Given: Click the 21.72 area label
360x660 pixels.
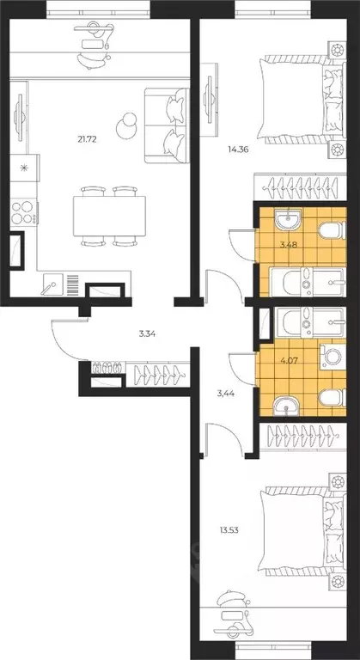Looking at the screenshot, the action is tap(87, 139).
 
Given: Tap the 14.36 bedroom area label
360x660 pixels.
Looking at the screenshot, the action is tap(235, 149).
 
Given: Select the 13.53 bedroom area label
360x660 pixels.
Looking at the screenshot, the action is tap(229, 530).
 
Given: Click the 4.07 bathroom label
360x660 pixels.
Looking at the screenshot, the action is tap(289, 360).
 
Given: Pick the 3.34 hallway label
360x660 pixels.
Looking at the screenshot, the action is tap(148, 334).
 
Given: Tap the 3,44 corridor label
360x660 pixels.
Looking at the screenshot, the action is tap(226, 394).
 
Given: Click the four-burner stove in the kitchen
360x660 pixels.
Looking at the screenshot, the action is tap(24, 212).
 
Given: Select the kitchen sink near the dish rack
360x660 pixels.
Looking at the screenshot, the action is tap(52, 284).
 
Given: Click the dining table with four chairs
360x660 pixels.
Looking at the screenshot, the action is tap(109, 216).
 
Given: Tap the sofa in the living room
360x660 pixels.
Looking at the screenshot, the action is tap(167, 125).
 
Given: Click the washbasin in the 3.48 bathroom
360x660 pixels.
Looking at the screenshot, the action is tap(288, 221).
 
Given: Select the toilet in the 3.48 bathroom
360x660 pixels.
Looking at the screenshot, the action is tap(332, 230).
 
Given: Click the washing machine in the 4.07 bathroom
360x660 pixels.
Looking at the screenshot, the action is tap(333, 357).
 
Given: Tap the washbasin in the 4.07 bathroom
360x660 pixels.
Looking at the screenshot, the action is tap(286, 406).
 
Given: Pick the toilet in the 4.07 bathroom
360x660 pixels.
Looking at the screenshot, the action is tap(332, 398).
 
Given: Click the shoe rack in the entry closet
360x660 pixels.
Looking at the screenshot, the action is tap(107, 368).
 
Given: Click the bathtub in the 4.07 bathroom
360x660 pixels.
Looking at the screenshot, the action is tap(310, 323).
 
